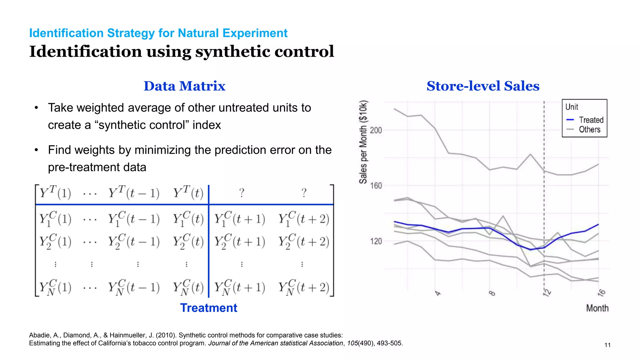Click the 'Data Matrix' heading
point(184,86)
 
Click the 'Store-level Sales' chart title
point(483,86)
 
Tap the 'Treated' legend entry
point(591,120)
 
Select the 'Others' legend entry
point(589,129)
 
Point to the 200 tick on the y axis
point(376,130)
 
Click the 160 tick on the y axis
point(376,186)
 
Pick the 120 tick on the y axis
point(376,242)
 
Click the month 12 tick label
point(547,293)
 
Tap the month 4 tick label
point(438,293)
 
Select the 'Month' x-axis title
point(597,308)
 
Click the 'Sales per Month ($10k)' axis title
point(363,142)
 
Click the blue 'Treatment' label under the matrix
point(208,308)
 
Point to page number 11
point(607,345)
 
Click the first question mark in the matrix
point(242,193)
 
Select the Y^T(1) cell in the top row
point(55,193)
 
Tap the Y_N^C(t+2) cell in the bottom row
point(304,287)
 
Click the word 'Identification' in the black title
point(85,52)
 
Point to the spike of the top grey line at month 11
point(530,154)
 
